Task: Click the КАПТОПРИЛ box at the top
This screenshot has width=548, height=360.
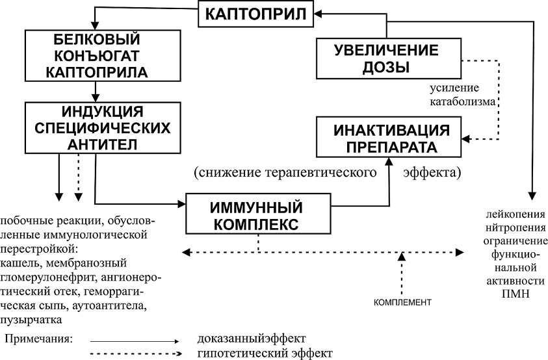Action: tap(258, 14)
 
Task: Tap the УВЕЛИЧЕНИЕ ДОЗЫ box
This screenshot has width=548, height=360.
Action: tap(387, 58)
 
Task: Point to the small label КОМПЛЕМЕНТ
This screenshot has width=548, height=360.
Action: tap(403, 303)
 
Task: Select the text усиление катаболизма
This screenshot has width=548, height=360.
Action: tap(456, 94)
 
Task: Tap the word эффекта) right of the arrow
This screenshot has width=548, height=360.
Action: tap(432, 174)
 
